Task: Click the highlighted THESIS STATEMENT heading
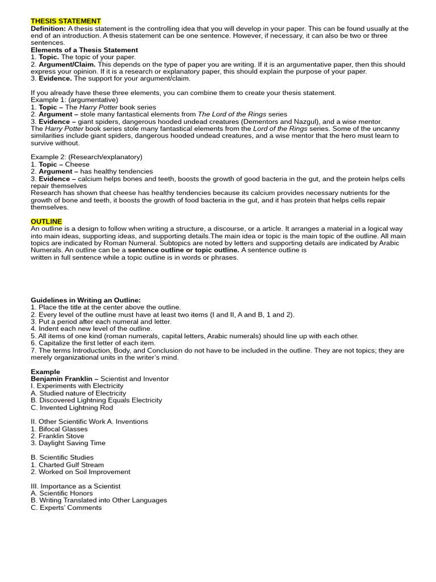click(x=66, y=21)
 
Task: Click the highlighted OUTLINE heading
click(x=47, y=221)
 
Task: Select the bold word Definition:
click(x=48, y=28)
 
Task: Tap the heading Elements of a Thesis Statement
click(x=84, y=50)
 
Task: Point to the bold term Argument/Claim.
click(x=67, y=64)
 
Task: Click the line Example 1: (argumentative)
click(x=70, y=100)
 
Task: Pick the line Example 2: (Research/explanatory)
click(x=86, y=157)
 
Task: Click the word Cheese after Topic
click(x=78, y=164)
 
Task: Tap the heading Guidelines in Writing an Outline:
click(x=86, y=300)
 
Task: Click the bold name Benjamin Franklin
click(x=62, y=379)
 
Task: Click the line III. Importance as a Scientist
click(x=75, y=487)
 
